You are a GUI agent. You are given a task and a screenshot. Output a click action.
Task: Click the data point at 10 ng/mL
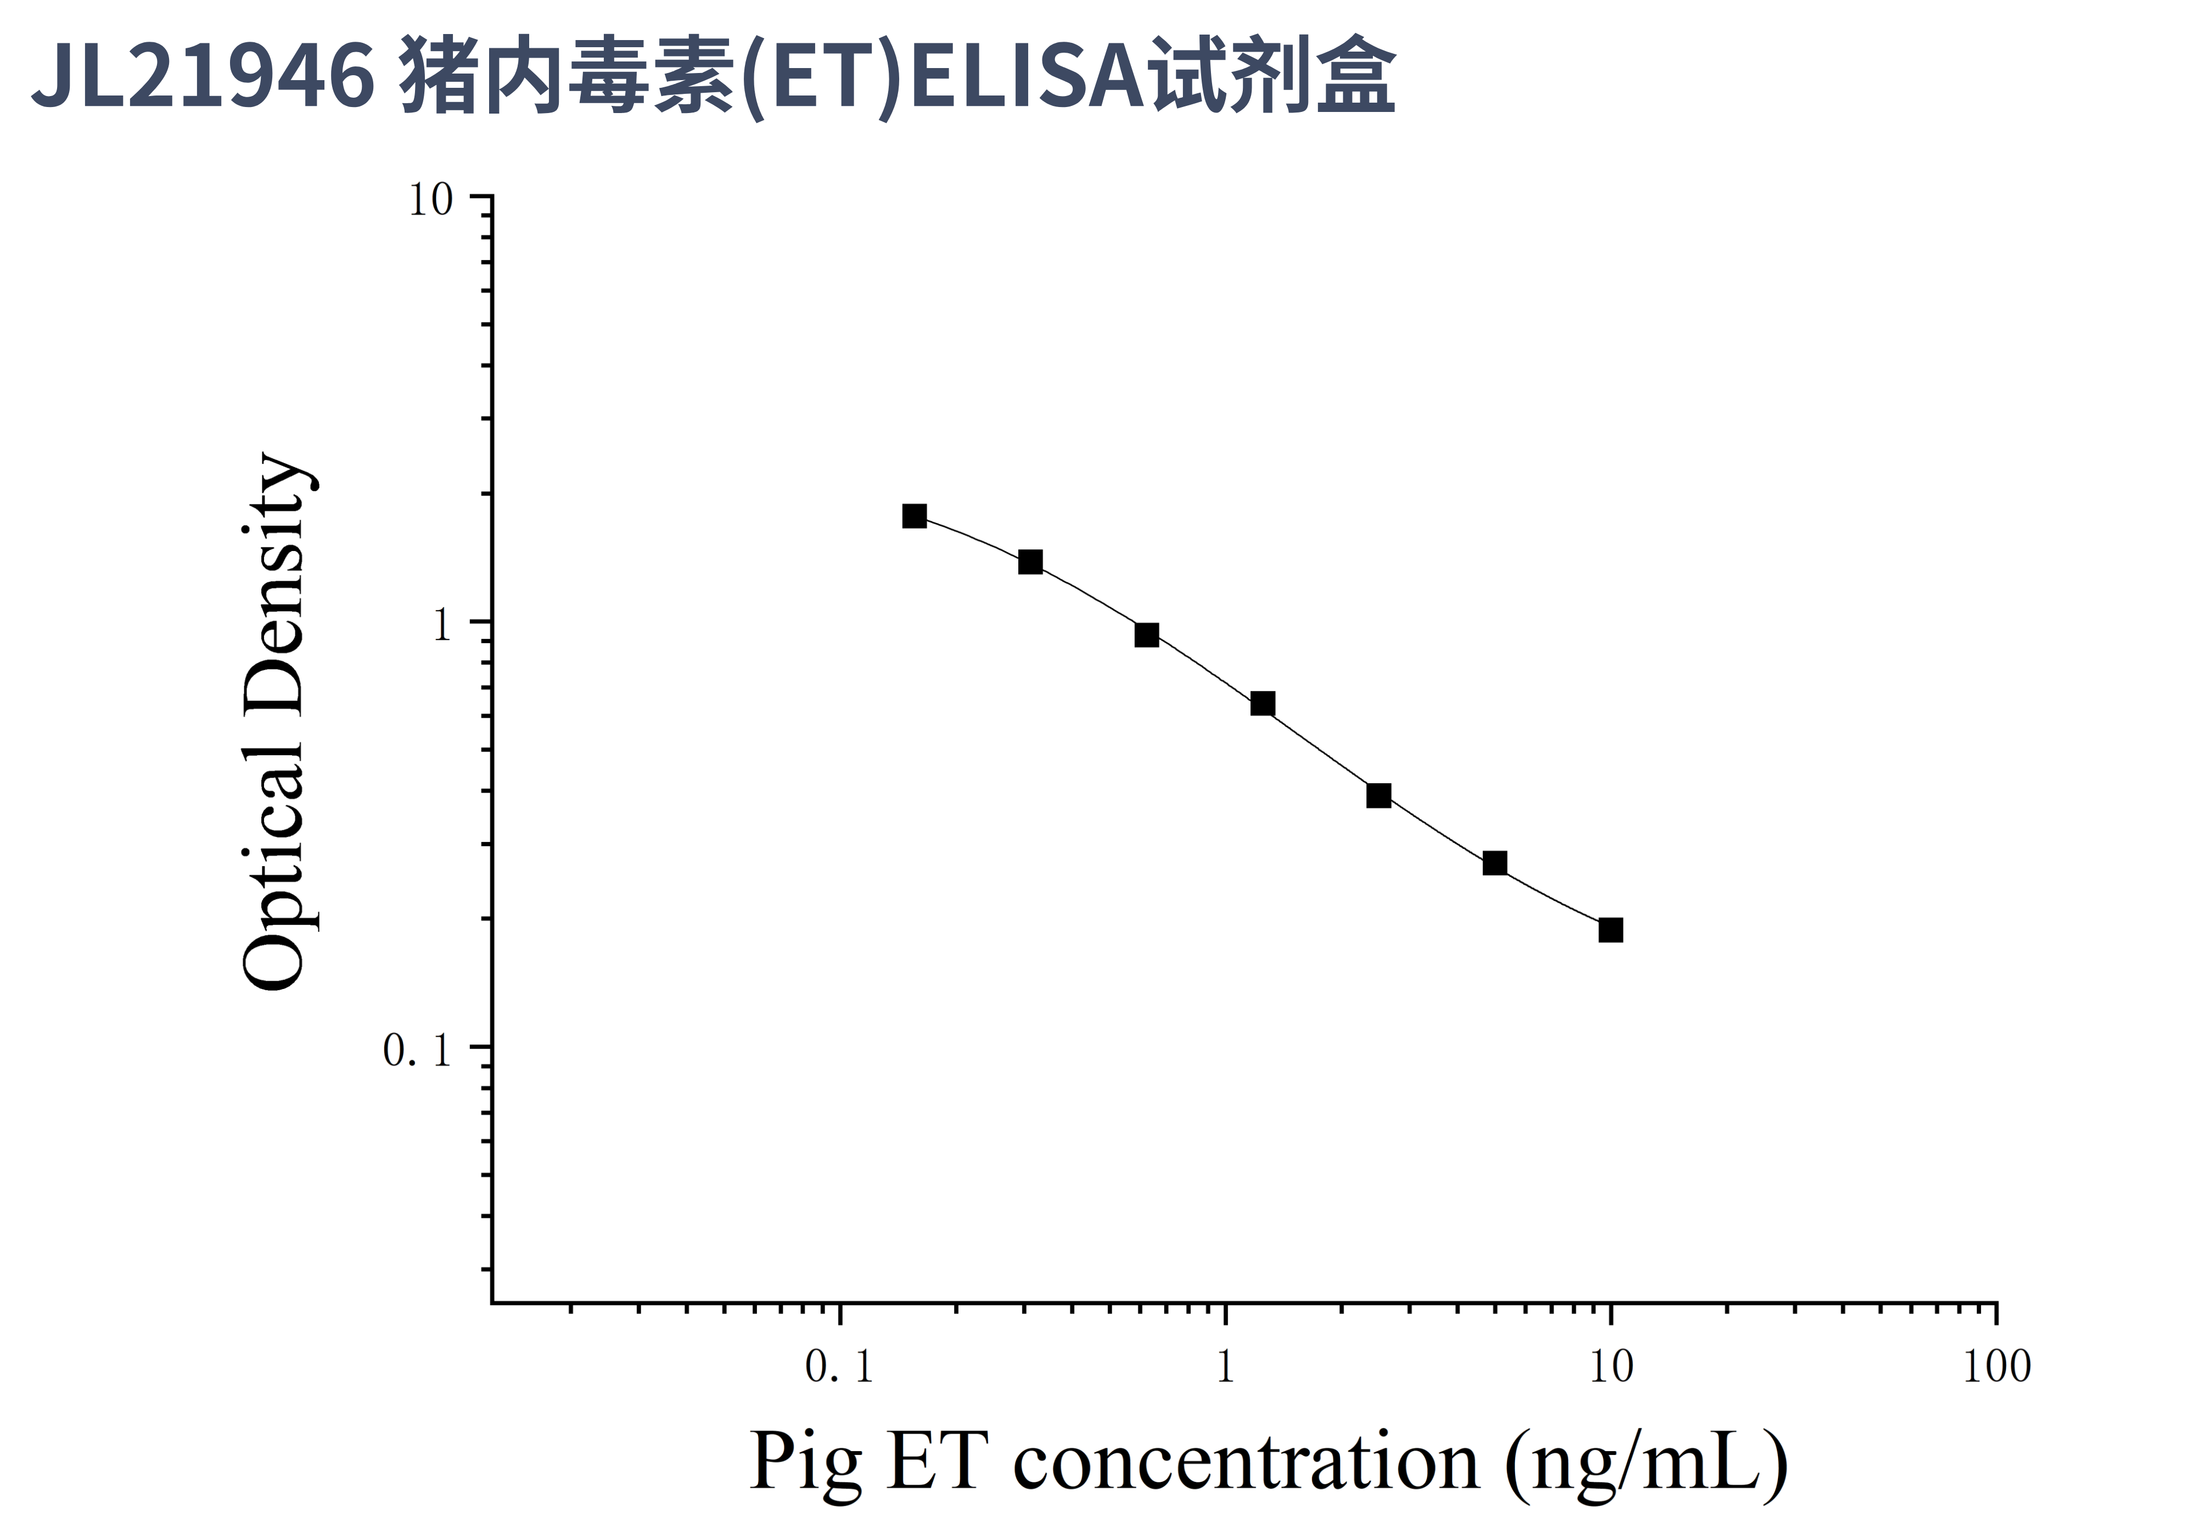click(1611, 930)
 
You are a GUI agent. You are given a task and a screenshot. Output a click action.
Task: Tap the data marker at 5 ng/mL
click(1495, 863)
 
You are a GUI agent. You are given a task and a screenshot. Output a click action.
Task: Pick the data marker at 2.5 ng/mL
click(1378, 795)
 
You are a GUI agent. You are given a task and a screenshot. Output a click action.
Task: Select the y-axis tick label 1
click(441, 627)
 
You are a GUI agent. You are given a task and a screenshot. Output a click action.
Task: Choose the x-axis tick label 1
click(1225, 1367)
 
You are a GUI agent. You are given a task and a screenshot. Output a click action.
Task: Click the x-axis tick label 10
click(1611, 1367)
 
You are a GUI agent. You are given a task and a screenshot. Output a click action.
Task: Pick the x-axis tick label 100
click(1997, 1367)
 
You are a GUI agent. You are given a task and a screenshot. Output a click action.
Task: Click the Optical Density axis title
click(276, 722)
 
